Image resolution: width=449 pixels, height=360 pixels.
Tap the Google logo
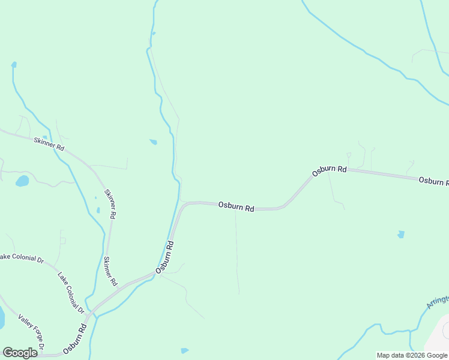(x=20, y=353)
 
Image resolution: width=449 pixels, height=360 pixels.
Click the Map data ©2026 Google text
(x=412, y=355)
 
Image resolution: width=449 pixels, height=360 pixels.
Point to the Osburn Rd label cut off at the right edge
(x=433, y=181)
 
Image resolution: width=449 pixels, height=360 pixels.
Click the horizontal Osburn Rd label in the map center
(x=236, y=206)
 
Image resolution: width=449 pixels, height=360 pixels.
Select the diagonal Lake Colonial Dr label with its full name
(x=71, y=293)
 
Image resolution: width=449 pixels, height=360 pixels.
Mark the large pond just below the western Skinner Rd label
(x=22, y=181)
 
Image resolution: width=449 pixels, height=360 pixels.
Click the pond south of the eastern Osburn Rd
(x=401, y=235)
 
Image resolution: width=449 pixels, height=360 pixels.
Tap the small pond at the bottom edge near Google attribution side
(x=184, y=350)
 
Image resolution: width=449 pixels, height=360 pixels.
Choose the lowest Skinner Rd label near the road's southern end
(x=110, y=271)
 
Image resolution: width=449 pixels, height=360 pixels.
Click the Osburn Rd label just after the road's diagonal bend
(x=330, y=170)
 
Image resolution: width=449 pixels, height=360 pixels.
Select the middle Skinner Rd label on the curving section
(x=110, y=203)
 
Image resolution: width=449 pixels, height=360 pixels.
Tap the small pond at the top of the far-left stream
(x=13, y=64)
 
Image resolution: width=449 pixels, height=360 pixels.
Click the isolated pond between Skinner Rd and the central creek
(x=153, y=142)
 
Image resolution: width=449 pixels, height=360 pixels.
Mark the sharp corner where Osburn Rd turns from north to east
(x=183, y=205)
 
